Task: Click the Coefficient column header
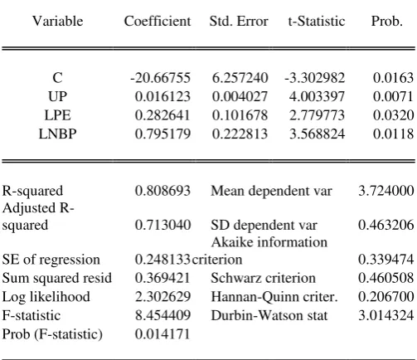point(158,21)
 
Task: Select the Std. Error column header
point(239,21)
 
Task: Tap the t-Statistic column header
point(317,21)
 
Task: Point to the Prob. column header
point(386,21)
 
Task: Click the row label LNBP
point(57,134)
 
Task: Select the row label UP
point(57,96)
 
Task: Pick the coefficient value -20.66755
point(161,78)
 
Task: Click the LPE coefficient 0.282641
point(162,115)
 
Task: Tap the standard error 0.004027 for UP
point(240,96)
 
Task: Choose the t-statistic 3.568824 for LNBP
point(317,134)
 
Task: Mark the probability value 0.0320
point(394,115)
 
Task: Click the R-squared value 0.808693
point(162,191)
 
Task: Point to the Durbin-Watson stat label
point(269,315)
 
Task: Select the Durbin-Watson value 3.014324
point(386,315)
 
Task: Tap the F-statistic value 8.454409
point(162,315)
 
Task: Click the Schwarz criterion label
point(263,278)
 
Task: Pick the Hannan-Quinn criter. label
point(274,297)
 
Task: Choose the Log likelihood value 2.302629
point(162,297)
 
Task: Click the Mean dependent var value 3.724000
point(386,191)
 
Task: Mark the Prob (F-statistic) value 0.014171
point(162,334)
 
